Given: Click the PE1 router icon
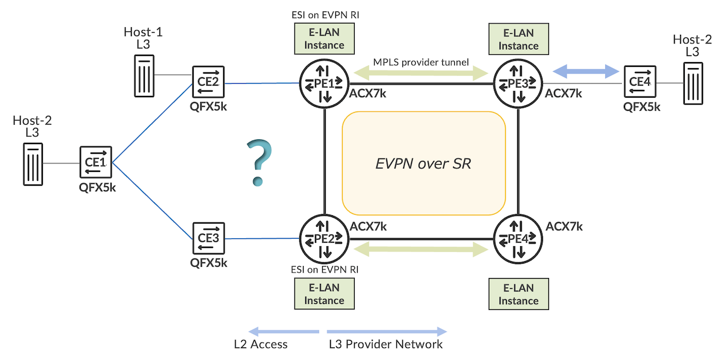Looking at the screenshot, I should [x=325, y=84].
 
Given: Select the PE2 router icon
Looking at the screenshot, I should [x=325, y=239].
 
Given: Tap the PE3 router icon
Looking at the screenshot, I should [x=518, y=84].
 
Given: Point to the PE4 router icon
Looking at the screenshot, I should [x=518, y=239].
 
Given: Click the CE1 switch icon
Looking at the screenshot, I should [x=97, y=162].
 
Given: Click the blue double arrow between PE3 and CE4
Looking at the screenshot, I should [x=587, y=72].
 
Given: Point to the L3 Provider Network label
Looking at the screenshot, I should [x=386, y=344].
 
